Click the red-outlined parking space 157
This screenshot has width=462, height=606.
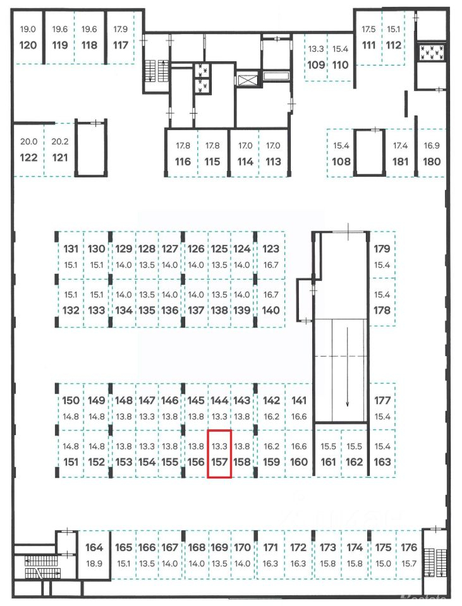219,454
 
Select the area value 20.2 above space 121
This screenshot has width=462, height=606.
60,142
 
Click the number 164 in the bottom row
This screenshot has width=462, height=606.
94,547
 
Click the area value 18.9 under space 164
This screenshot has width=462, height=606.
94,564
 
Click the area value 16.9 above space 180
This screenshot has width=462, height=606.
432,146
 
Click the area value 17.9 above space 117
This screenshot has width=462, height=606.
120,30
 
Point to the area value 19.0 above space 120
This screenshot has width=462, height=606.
28,30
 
